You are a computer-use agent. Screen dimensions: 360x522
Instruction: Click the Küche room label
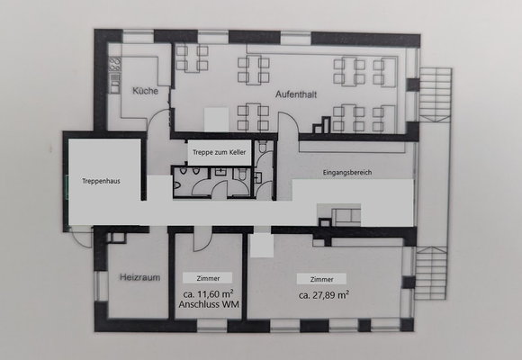pos(145,91)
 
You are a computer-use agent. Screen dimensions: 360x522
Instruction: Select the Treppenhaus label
pos(101,180)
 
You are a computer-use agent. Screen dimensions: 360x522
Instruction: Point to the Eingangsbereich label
pos(346,171)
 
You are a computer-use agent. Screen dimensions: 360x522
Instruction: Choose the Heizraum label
pos(139,277)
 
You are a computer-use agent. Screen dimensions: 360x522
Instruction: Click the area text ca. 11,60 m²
pos(208,294)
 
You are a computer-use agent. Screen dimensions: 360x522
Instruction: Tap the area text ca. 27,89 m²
pos(323,294)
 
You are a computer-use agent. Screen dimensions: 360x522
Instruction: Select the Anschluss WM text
pos(208,305)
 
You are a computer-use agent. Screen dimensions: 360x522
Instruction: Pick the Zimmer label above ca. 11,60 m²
pos(208,278)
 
